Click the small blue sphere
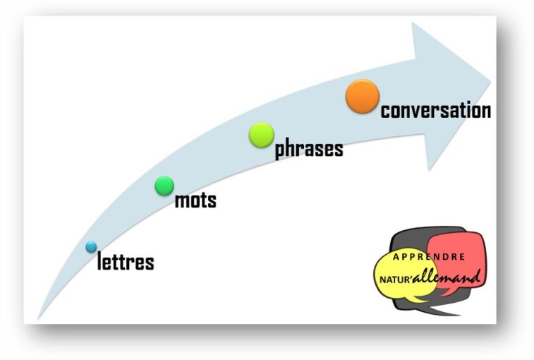tap(91, 247)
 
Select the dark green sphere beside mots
tap(164, 186)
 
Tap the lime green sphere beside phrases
tap(262, 134)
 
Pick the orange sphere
tap(363, 97)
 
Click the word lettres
tap(126, 262)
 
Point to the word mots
tap(196, 200)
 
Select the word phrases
tap(309, 149)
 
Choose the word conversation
tap(436, 111)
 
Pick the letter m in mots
tap(181, 201)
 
